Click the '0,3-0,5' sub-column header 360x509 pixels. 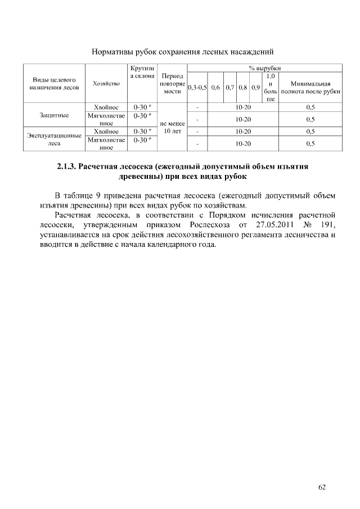click(197, 87)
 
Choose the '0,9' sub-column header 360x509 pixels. click(256, 87)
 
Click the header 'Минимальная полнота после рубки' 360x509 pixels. click(310, 87)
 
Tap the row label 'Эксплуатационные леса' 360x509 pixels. click(55, 139)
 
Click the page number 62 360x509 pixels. click(322, 487)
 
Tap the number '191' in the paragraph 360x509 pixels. click(328, 225)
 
